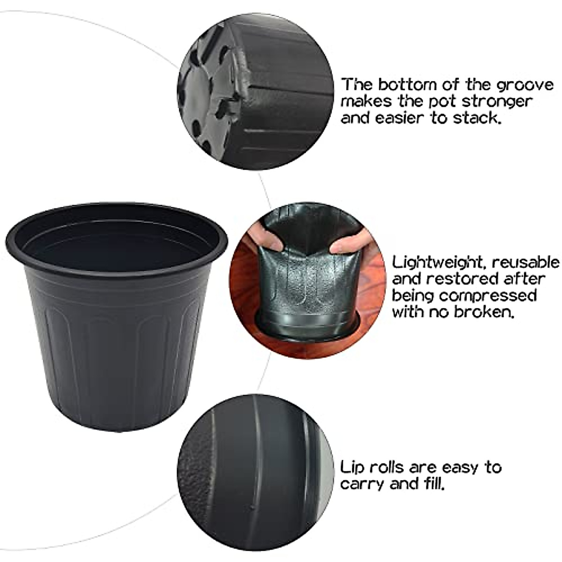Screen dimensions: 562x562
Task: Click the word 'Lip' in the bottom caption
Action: (351, 468)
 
